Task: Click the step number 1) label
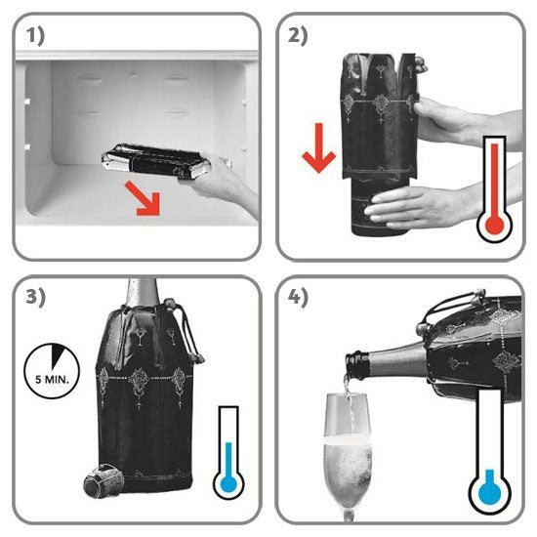[35, 37]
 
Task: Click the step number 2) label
[298, 36]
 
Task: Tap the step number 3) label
[35, 297]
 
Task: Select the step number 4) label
[298, 297]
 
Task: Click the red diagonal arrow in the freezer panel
[144, 199]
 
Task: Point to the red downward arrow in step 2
[319, 148]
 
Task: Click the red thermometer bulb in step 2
[495, 226]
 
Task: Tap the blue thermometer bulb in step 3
[228, 483]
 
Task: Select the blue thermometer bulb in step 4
[490, 493]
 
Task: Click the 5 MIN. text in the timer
[52, 380]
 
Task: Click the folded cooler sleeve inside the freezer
[156, 162]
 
